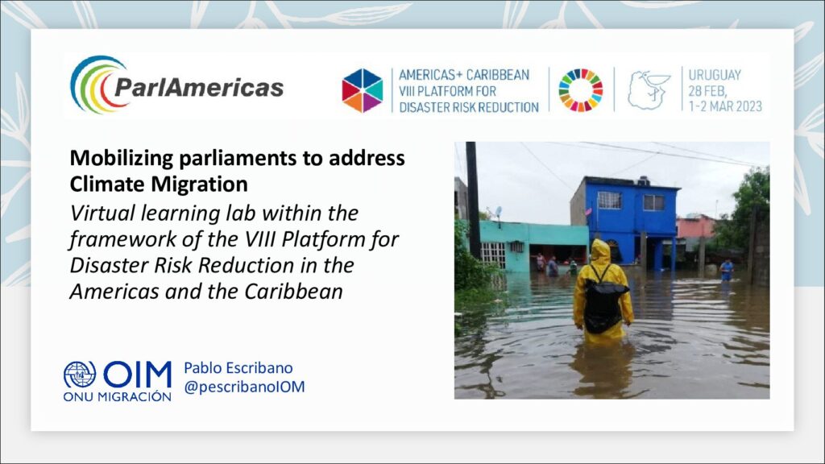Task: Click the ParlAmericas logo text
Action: [199, 87]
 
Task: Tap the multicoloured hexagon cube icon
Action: [363, 90]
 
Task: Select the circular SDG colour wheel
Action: [581, 90]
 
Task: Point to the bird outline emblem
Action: [649, 90]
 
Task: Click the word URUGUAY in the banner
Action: [715, 75]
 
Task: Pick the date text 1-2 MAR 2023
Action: [725, 106]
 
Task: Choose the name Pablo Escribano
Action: [238, 367]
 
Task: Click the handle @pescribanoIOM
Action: [244, 387]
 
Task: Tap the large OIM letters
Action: [137, 375]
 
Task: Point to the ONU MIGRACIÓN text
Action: [118, 396]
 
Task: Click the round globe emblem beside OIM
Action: [80, 375]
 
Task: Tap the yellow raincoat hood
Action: [600, 251]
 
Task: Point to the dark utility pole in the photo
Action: [472, 200]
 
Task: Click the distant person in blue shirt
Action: [727, 270]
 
